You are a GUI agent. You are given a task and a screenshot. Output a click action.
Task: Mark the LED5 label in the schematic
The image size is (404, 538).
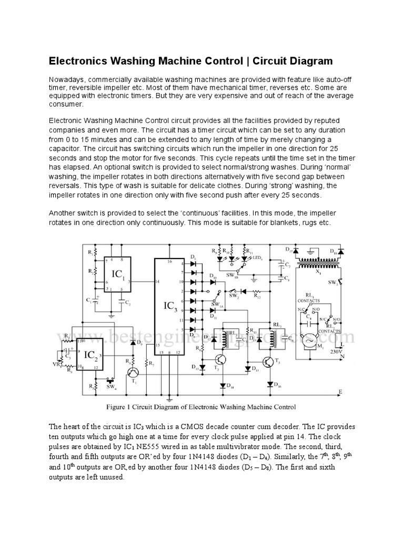pos(257,257)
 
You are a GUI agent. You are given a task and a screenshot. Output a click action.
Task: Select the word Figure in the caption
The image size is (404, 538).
pos(117,407)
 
